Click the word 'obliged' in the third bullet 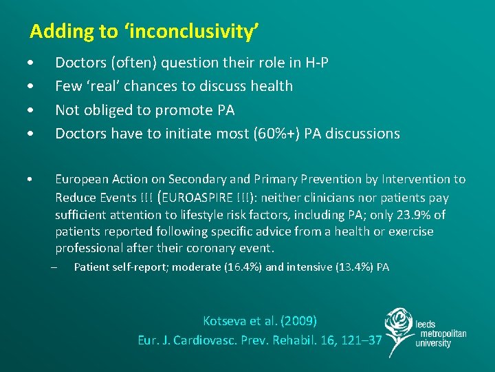pos(107,110)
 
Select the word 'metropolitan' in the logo pos(441,334)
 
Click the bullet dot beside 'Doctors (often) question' pos(33,63)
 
